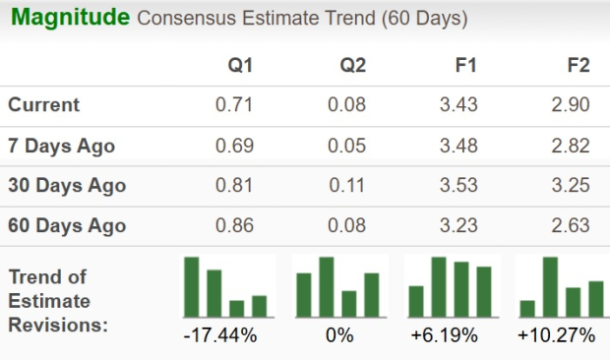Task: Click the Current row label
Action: [x=44, y=105]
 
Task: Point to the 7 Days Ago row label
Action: [x=61, y=146]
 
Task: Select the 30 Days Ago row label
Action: [x=67, y=185]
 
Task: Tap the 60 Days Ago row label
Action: [x=67, y=225]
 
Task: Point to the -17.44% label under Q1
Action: [x=220, y=336]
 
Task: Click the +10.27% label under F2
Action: [x=556, y=336]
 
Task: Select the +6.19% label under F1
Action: [x=445, y=336]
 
